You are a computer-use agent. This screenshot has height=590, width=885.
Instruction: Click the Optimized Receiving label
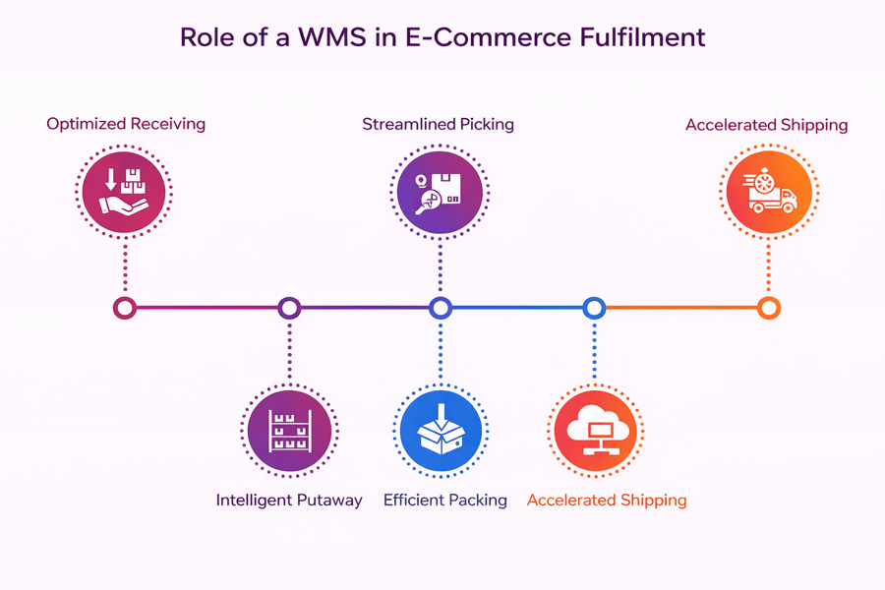pyautogui.click(x=126, y=124)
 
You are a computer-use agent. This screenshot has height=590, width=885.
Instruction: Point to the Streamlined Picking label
pyautogui.click(x=439, y=125)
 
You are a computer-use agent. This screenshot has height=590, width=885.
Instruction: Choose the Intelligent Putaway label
pyautogui.click(x=289, y=500)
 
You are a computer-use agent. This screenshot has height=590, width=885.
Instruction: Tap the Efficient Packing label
pyautogui.click(x=445, y=500)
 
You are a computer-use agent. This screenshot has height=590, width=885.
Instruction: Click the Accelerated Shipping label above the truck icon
pyautogui.click(x=766, y=125)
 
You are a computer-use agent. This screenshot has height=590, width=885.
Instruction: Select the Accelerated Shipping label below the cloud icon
pyautogui.click(x=607, y=500)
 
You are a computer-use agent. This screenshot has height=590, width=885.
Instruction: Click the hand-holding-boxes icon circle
pyautogui.click(x=126, y=192)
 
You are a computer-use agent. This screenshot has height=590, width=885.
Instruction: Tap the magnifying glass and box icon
pyautogui.click(x=440, y=192)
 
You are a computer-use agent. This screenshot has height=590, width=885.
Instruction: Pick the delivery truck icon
pyautogui.click(x=767, y=192)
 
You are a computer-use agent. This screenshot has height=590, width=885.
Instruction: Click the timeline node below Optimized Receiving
pyautogui.click(x=125, y=308)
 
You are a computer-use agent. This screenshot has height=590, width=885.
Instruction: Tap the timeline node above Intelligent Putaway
pyautogui.click(x=289, y=308)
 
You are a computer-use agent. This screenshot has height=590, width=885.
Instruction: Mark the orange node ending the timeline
pyautogui.click(x=769, y=308)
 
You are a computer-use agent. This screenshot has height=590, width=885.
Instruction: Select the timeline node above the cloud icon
pyautogui.click(x=594, y=308)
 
